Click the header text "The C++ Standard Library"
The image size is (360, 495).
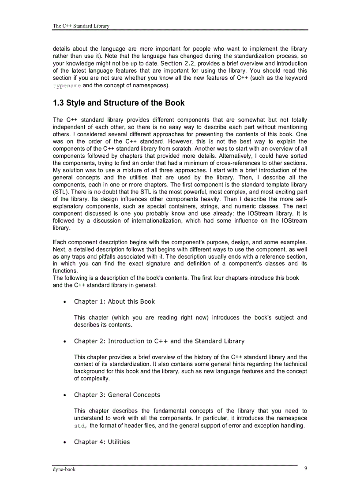click(x=81, y=26)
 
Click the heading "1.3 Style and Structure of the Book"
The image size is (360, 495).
click(x=119, y=103)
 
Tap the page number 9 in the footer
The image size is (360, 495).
click(x=306, y=469)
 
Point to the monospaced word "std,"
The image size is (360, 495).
click(x=81, y=425)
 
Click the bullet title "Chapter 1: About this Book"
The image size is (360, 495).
click(x=114, y=301)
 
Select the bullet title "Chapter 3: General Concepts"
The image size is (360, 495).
click(x=117, y=395)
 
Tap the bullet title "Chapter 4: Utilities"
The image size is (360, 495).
click(x=102, y=442)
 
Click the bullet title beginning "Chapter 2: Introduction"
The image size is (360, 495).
click(x=159, y=341)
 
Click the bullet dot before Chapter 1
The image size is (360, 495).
click(x=65, y=302)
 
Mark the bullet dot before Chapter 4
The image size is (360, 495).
click(x=65, y=442)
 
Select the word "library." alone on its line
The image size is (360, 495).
click(x=61, y=228)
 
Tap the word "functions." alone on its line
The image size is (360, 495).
click(x=65, y=271)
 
